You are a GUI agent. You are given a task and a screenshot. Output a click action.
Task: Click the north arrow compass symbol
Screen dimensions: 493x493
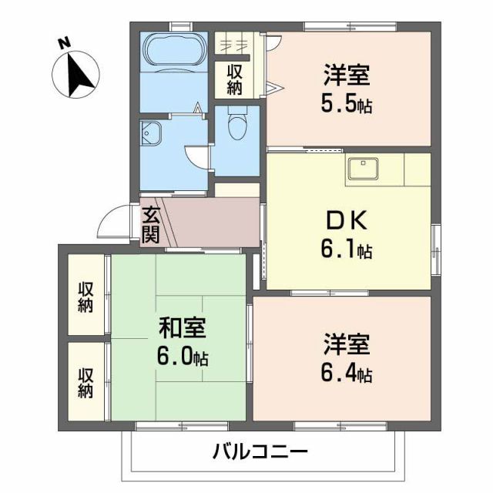pos(75,75)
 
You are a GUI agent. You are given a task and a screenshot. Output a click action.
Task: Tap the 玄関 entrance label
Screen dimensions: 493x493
pos(151,224)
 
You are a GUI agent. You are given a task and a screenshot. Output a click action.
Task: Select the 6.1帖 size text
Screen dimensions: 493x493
pos(348,250)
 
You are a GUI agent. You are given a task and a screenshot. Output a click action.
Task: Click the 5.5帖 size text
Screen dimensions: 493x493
pos(348,103)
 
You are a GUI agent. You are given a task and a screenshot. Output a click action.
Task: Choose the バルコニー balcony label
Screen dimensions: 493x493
pos(260,451)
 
